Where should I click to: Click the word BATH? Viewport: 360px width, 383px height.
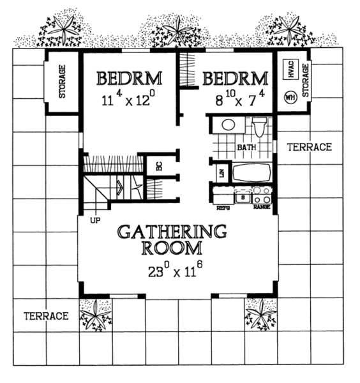[x=246, y=148]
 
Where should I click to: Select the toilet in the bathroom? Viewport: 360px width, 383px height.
[x=259, y=128]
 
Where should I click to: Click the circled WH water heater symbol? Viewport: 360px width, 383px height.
[x=289, y=98]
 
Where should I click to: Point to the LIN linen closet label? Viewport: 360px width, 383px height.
[x=221, y=172]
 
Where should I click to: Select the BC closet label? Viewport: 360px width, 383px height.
[x=157, y=165]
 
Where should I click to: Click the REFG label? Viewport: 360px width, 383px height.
[x=223, y=207]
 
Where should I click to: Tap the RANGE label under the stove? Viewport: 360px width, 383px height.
[x=262, y=207]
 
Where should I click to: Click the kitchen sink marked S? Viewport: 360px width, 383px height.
[x=243, y=198]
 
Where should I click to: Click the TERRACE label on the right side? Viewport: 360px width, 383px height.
[x=309, y=147]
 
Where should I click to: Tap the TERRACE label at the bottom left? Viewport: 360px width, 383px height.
[x=47, y=316]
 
